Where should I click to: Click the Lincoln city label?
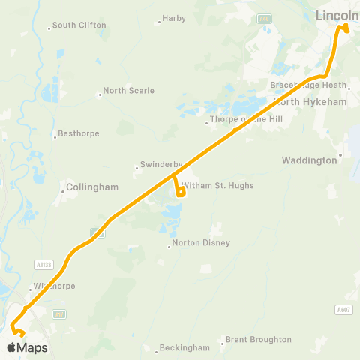tap(337, 15)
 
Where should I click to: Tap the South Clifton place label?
tap(79, 25)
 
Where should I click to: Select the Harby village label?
tap(174, 18)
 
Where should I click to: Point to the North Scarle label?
tap(128, 91)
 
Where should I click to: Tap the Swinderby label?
tap(157, 166)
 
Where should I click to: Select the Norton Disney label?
tap(201, 243)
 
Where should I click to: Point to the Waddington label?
tap(309, 160)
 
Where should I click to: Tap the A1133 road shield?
tap(45, 264)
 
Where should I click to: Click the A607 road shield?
tap(343, 310)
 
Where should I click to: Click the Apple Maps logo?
tap(27, 347)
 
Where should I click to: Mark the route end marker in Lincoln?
tap(346, 28)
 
